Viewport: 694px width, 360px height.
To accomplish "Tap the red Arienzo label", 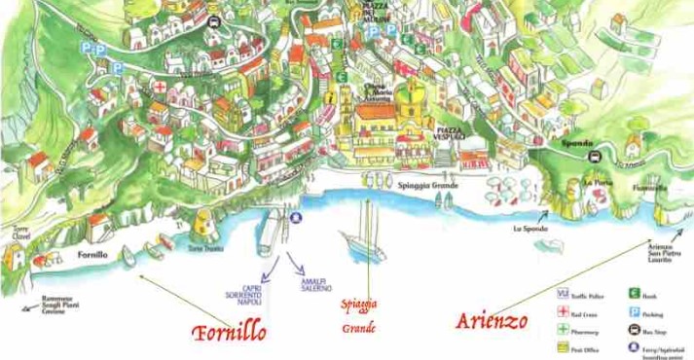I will [x=492, y=320].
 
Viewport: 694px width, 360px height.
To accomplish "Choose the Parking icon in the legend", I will [x=634, y=312].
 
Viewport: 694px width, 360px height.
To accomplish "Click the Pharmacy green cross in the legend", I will [x=563, y=331].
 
